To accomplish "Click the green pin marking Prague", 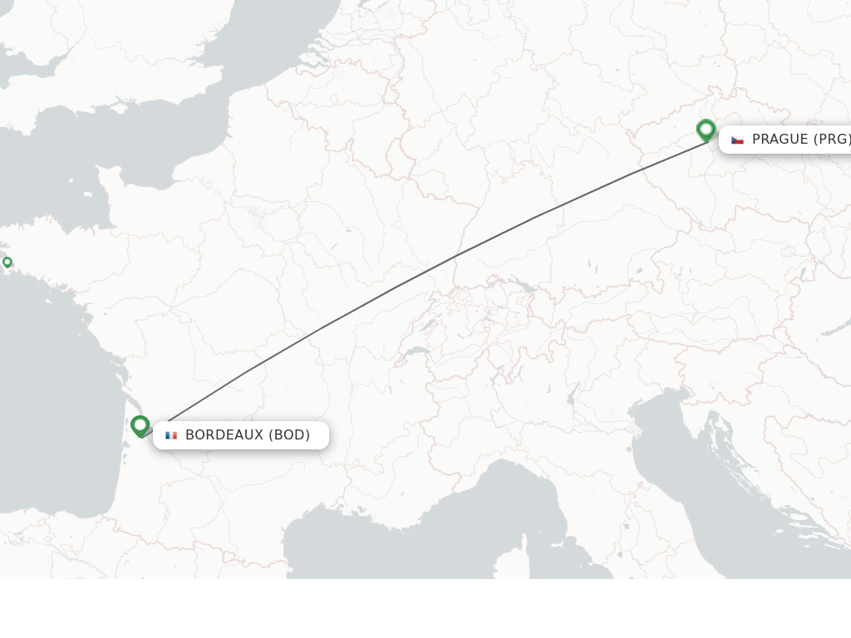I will click(x=706, y=130).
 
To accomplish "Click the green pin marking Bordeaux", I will click(x=140, y=425).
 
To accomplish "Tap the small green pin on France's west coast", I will click(x=7, y=263).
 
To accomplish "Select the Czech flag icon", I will click(x=737, y=140).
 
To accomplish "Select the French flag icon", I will click(x=171, y=435).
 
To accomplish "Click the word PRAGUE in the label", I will click(x=780, y=139).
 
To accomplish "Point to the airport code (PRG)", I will click(x=831, y=139).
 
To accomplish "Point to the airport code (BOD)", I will click(x=289, y=434).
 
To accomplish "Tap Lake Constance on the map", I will click(x=522, y=285).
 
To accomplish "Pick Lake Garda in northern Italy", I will click(x=573, y=392).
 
